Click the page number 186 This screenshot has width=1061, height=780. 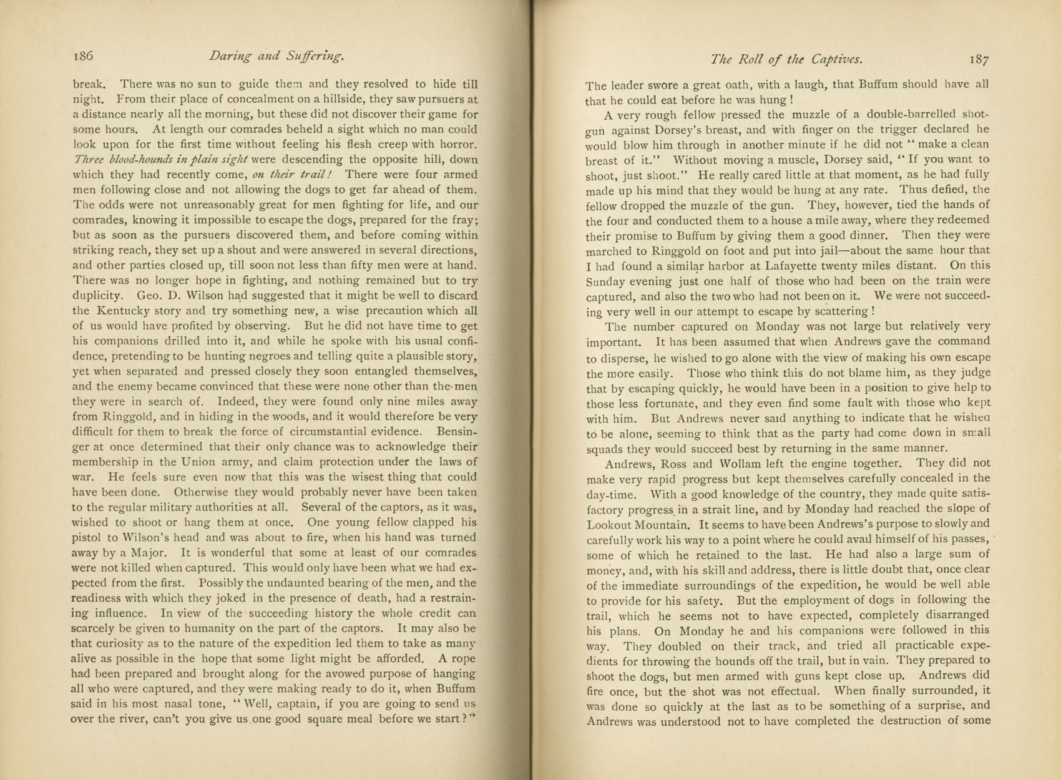pyautogui.click(x=83, y=56)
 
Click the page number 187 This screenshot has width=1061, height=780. pyautogui.click(x=979, y=60)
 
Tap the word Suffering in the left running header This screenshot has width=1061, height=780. pyautogui.click(x=315, y=56)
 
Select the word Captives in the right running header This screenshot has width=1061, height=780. pyautogui.click(x=837, y=60)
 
